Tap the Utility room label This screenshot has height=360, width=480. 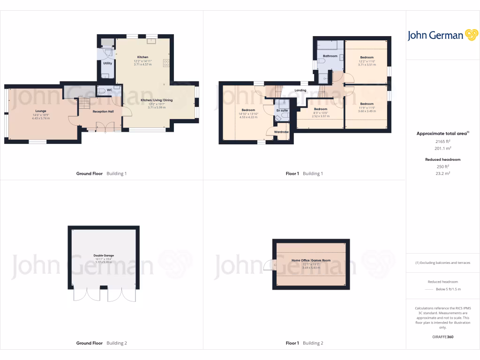(107, 63)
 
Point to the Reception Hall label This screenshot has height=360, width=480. (103, 112)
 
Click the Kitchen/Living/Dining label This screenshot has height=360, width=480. (157, 100)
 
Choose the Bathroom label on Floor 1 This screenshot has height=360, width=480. (330, 56)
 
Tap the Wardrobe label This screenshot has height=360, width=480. (281, 133)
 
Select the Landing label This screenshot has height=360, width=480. (300, 90)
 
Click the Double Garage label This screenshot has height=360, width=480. (104, 255)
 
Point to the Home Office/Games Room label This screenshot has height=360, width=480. (311, 260)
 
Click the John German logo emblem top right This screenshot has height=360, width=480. (471, 35)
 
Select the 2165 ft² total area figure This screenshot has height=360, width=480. (443, 141)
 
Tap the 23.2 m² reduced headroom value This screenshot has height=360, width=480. (443, 173)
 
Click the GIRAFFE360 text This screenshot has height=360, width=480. (443, 337)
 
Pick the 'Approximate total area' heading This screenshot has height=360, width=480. (442, 134)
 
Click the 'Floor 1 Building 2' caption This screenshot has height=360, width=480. (305, 343)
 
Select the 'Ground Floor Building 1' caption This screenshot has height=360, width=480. (101, 173)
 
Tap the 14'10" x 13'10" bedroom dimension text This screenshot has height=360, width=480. (248, 113)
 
